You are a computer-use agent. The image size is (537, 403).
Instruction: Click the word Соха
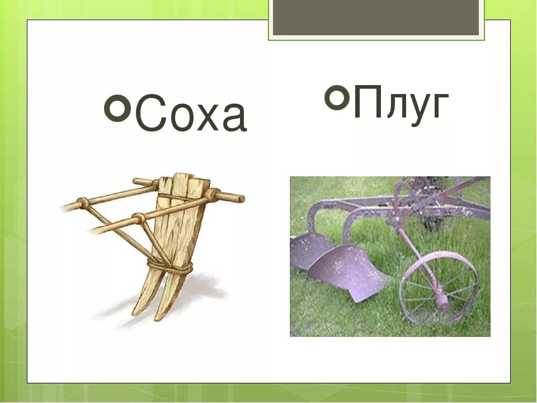click(x=190, y=115)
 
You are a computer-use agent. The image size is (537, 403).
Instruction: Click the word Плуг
click(x=400, y=104)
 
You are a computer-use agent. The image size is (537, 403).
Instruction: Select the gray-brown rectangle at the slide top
click(x=376, y=17)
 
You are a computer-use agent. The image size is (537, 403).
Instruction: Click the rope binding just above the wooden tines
click(x=171, y=265)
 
